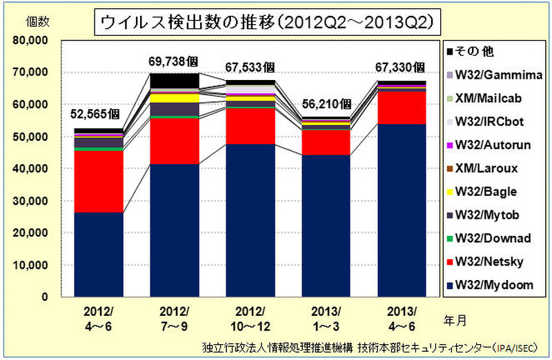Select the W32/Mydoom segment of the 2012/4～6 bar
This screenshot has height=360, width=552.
(98, 254)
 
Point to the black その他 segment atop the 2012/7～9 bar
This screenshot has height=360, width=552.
(175, 81)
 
